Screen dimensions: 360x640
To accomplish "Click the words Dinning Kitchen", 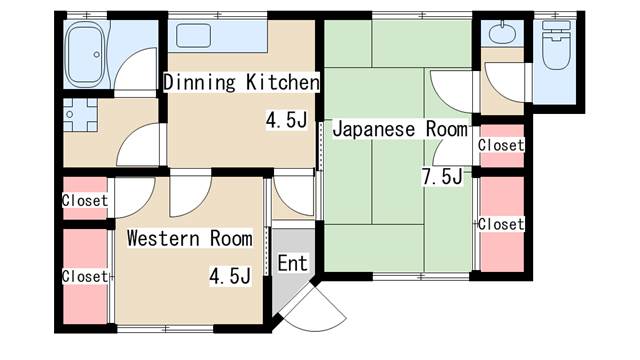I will tap(241, 81).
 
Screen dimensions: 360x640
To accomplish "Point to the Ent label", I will tap(292, 263).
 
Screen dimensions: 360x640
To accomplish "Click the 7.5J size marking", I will tap(441, 178).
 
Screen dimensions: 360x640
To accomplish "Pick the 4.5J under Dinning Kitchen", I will tap(285, 120).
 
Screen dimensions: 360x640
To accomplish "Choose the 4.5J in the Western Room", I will tap(229, 275).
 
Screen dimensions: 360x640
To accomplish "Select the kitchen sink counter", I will tap(220, 37).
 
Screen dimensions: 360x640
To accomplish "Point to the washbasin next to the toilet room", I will tap(501, 33).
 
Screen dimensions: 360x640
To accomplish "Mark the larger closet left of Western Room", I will tap(84, 275).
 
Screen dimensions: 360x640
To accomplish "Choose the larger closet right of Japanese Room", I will tap(500, 224).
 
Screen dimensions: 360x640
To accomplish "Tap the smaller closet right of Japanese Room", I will tap(500, 145).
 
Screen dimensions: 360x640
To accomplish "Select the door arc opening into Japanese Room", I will tap(449, 90).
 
